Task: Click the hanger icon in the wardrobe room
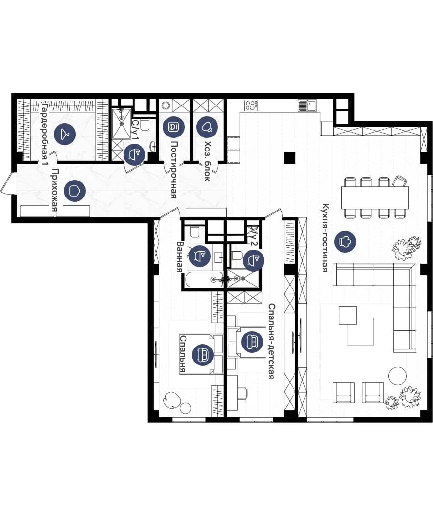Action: [64, 134]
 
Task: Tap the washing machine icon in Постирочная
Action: [173, 127]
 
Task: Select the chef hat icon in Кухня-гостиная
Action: [345, 242]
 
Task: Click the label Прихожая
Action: [55, 193]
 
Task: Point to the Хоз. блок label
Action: [207, 161]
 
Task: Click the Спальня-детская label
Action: [271, 341]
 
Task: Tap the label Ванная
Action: [180, 257]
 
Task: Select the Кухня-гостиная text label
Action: [325, 238]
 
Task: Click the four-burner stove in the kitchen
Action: [250, 105]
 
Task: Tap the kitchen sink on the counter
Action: [308, 106]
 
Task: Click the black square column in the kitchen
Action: [290, 158]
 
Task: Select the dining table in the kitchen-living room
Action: [375, 197]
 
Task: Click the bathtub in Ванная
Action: [203, 280]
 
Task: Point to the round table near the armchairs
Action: [398, 376]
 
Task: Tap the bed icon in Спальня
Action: [203, 355]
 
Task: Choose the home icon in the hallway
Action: [75, 190]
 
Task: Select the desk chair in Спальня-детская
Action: [243, 392]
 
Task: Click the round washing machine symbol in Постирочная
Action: [165, 105]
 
